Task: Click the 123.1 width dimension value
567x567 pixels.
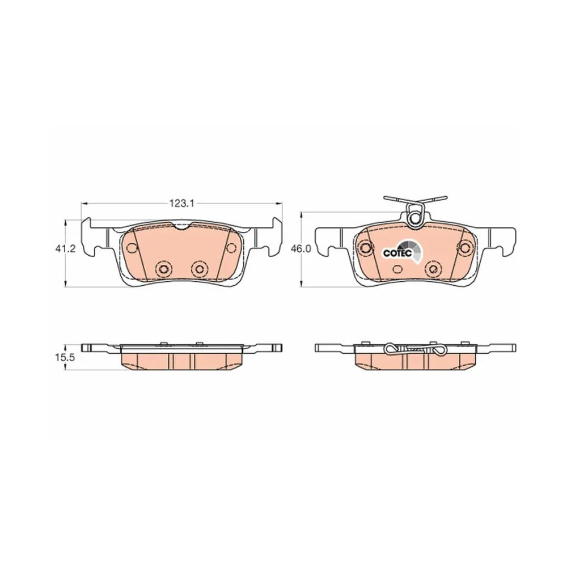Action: tap(182, 204)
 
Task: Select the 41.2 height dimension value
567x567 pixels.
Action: tap(66, 249)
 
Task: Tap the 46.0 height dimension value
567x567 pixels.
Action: tap(300, 249)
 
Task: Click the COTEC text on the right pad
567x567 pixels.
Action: tap(397, 253)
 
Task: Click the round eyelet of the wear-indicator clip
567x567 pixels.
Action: tap(414, 219)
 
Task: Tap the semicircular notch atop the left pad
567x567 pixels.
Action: tap(183, 227)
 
